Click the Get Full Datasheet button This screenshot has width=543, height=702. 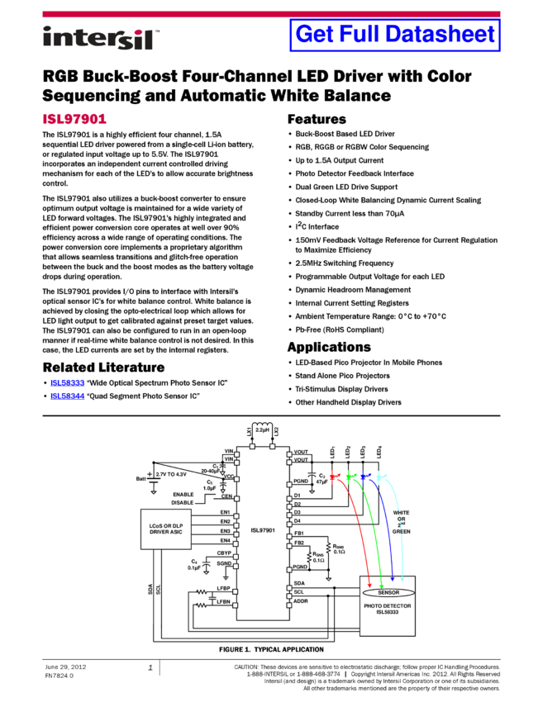[x=395, y=35]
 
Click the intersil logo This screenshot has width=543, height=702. [x=101, y=39]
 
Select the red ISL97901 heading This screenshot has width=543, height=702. [x=74, y=120]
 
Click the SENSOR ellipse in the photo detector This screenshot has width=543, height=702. [x=388, y=592]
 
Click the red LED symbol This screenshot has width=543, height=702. [x=334, y=476]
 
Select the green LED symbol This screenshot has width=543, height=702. [x=350, y=476]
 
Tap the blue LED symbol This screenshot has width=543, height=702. [x=364, y=476]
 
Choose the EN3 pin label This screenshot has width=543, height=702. [x=225, y=531]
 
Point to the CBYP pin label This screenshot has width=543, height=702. [x=224, y=553]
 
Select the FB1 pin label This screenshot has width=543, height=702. [x=298, y=534]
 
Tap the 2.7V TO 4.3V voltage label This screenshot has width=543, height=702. [x=172, y=475]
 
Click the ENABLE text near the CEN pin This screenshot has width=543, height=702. [x=183, y=494]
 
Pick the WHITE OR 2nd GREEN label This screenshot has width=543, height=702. [x=401, y=522]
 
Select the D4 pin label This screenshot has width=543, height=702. [x=298, y=521]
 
